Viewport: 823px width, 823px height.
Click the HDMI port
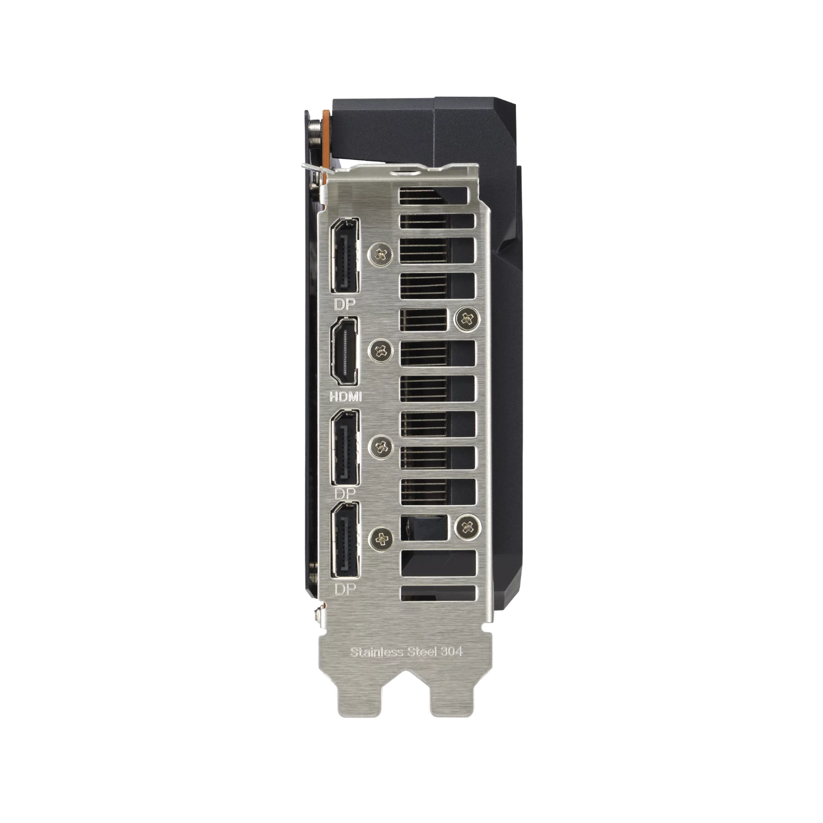tap(345, 353)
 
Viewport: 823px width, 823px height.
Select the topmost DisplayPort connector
tap(345, 255)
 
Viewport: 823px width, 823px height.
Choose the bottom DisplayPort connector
tap(345, 540)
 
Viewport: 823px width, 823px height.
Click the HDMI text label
tap(346, 397)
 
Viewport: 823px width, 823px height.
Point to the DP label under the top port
tap(345, 304)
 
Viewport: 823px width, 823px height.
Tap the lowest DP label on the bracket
tap(345, 589)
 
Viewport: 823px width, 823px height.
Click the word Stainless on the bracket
tap(376, 652)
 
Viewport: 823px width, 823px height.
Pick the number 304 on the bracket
tap(452, 652)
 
